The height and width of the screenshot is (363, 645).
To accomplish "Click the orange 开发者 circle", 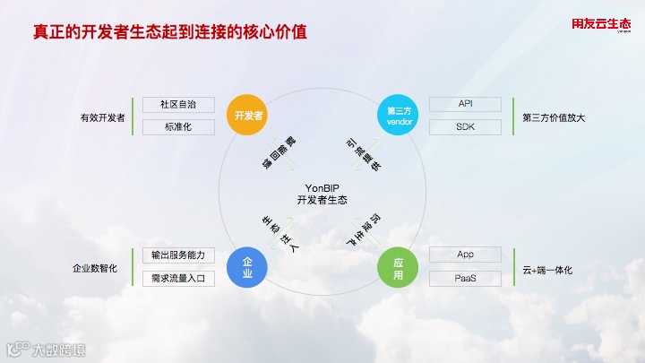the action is click(x=248, y=116).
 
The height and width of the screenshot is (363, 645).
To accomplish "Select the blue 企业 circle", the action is click(x=248, y=268).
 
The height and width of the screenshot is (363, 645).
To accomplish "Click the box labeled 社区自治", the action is click(x=178, y=105).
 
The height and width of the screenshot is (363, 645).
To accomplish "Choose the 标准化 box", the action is click(x=178, y=127).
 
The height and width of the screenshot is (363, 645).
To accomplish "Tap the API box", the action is click(x=465, y=105).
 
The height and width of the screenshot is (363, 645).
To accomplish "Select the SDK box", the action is click(x=465, y=127).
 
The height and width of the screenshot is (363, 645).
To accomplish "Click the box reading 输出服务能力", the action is click(x=178, y=255).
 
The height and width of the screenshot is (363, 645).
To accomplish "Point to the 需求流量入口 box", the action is click(x=178, y=279).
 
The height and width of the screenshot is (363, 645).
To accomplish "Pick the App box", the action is click(x=465, y=255).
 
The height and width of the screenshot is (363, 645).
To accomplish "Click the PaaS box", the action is click(x=465, y=279).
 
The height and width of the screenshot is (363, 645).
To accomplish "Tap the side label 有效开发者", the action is click(x=101, y=117).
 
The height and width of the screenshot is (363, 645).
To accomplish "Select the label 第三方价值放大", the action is click(x=554, y=117).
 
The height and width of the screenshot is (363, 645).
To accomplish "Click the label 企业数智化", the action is click(x=95, y=268).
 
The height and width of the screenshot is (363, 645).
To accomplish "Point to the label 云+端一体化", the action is click(x=546, y=268).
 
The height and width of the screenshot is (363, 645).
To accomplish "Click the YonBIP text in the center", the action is click(x=322, y=186).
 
